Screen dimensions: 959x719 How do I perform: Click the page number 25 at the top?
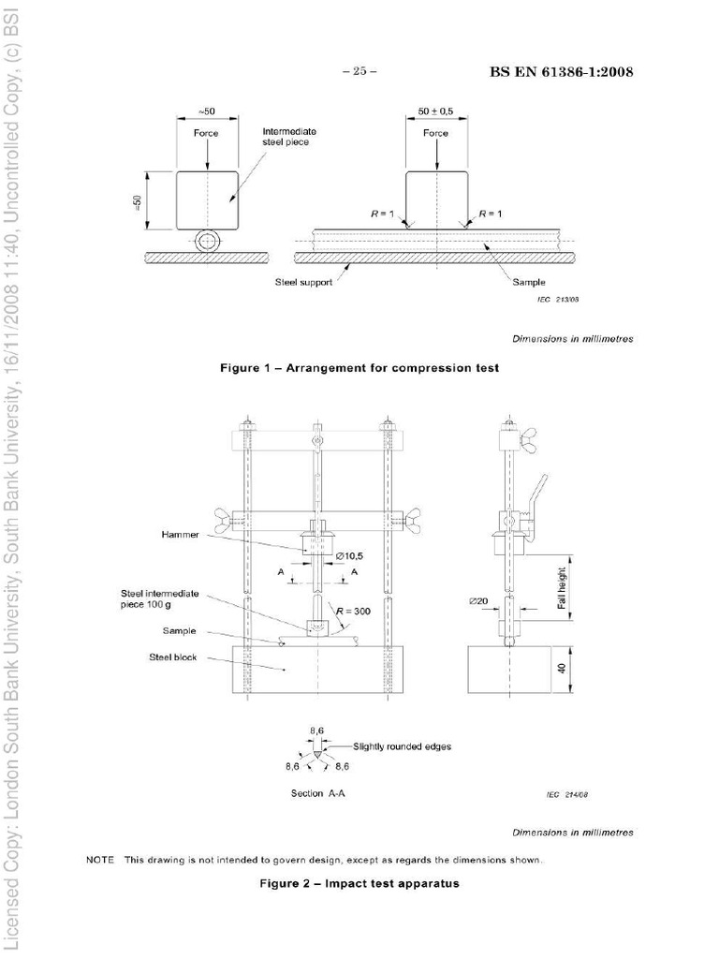(x=359, y=73)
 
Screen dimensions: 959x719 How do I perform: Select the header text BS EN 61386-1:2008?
(x=561, y=73)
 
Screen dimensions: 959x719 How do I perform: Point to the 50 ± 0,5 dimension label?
(x=435, y=111)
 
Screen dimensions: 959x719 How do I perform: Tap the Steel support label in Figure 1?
(x=303, y=281)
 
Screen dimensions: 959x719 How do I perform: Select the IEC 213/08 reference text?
(x=559, y=300)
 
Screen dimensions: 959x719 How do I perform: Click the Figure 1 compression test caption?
(x=359, y=368)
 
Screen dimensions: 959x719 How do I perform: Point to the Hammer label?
(x=172, y=535)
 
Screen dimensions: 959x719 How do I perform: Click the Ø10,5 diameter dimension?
(x=352, y=556)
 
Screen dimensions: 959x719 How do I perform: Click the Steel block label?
(x=170, y=657)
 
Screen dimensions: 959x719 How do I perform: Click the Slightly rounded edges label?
(x=403, y=746)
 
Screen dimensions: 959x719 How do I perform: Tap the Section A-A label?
(x=319, y=793)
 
